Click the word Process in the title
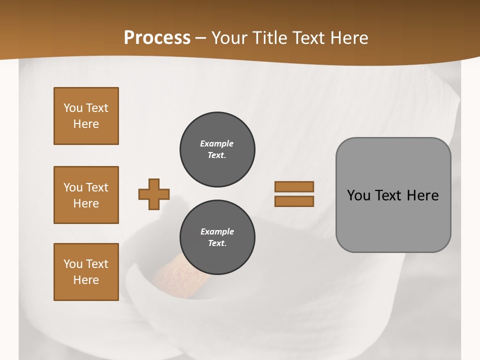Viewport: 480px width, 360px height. (x=157, y=38)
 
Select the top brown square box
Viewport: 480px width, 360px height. (x=86, y=116)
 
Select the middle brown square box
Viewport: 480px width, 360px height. (x=86, y=195)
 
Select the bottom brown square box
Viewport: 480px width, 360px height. (x=86, y=272)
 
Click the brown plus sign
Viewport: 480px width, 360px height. (x=154, y=194)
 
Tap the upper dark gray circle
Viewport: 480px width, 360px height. (x=217, y=149)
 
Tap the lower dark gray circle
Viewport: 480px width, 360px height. (x=217, y=237)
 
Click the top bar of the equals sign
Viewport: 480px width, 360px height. (x=294, y=186)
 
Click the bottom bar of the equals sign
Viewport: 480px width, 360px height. (x=294, y=201)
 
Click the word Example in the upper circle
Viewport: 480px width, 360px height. (x=216, y=143)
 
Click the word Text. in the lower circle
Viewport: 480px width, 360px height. (x=217, y=243)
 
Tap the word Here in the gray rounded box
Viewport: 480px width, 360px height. (x=422, y=195)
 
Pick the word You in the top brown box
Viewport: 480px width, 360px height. (x=72, y=108)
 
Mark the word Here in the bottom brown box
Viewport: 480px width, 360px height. (x=86, y=280)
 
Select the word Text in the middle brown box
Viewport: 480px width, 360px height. (x=96, y=187)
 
